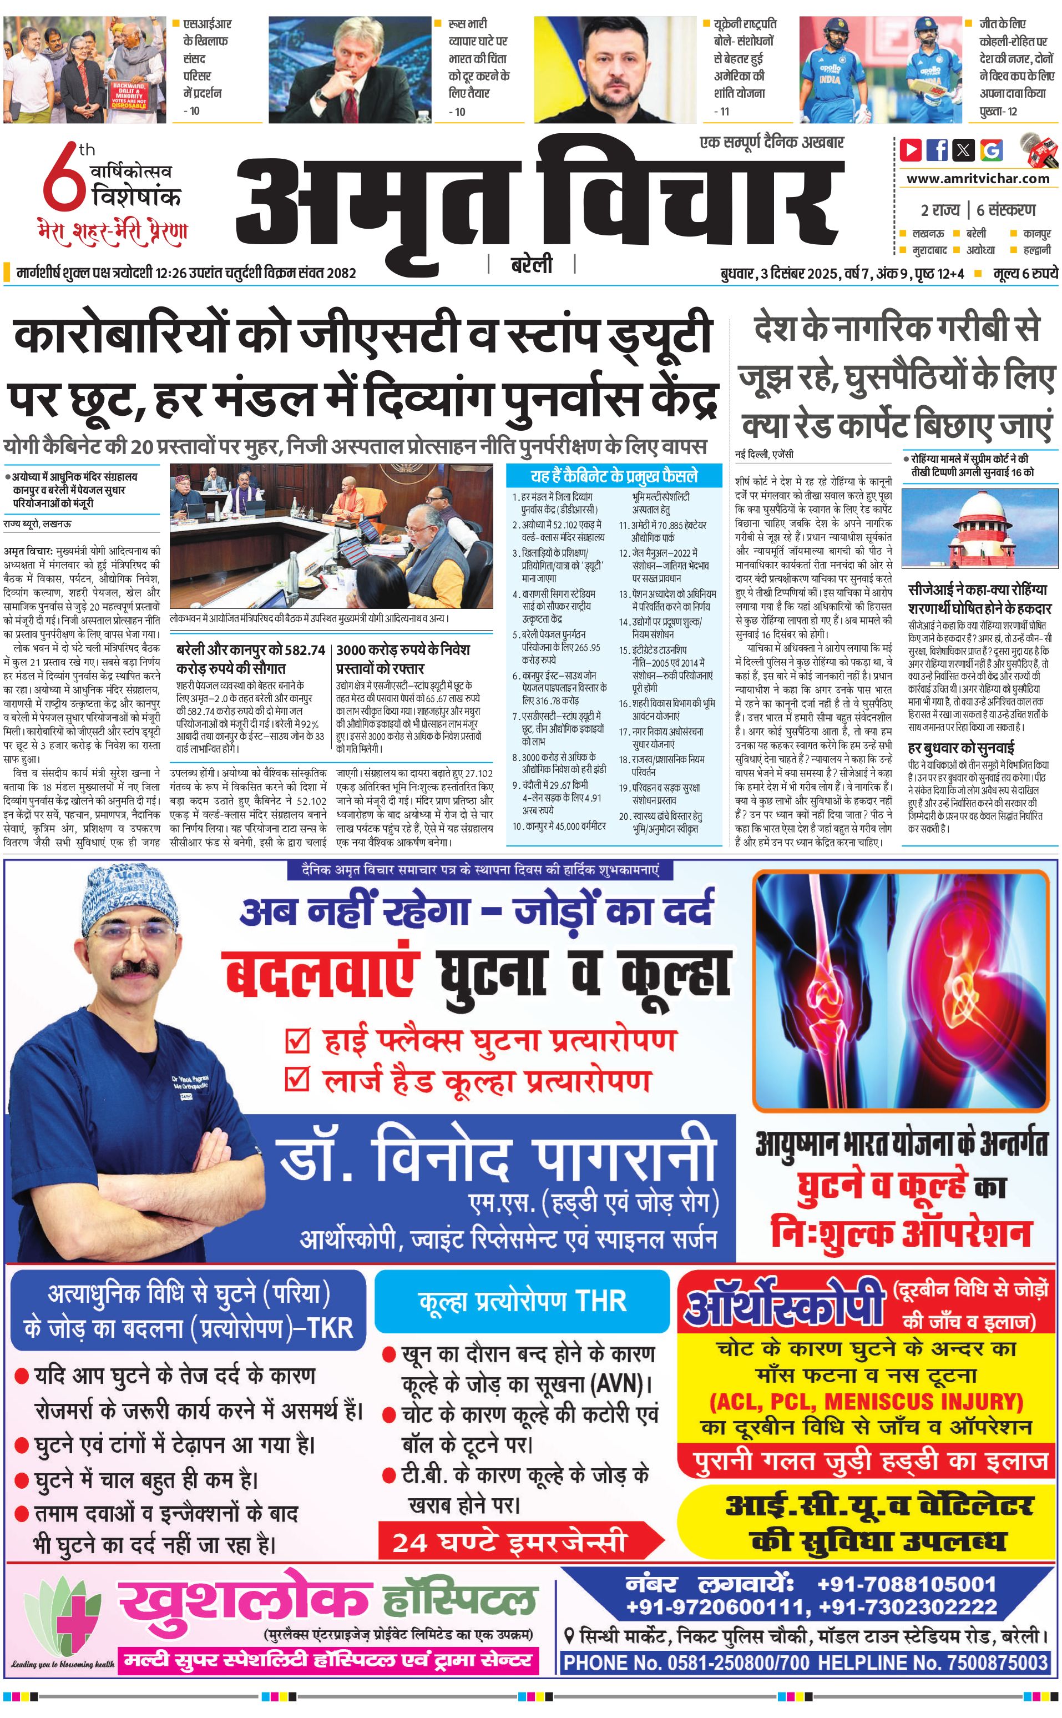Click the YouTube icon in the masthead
(911, 150)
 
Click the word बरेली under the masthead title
(531, 265)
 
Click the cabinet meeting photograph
(331, 536)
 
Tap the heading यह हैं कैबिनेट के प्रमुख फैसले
(614, 476)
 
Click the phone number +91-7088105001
(906, 1584)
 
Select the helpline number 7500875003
(998, 1662)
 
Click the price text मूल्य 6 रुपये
(1025, 273)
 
